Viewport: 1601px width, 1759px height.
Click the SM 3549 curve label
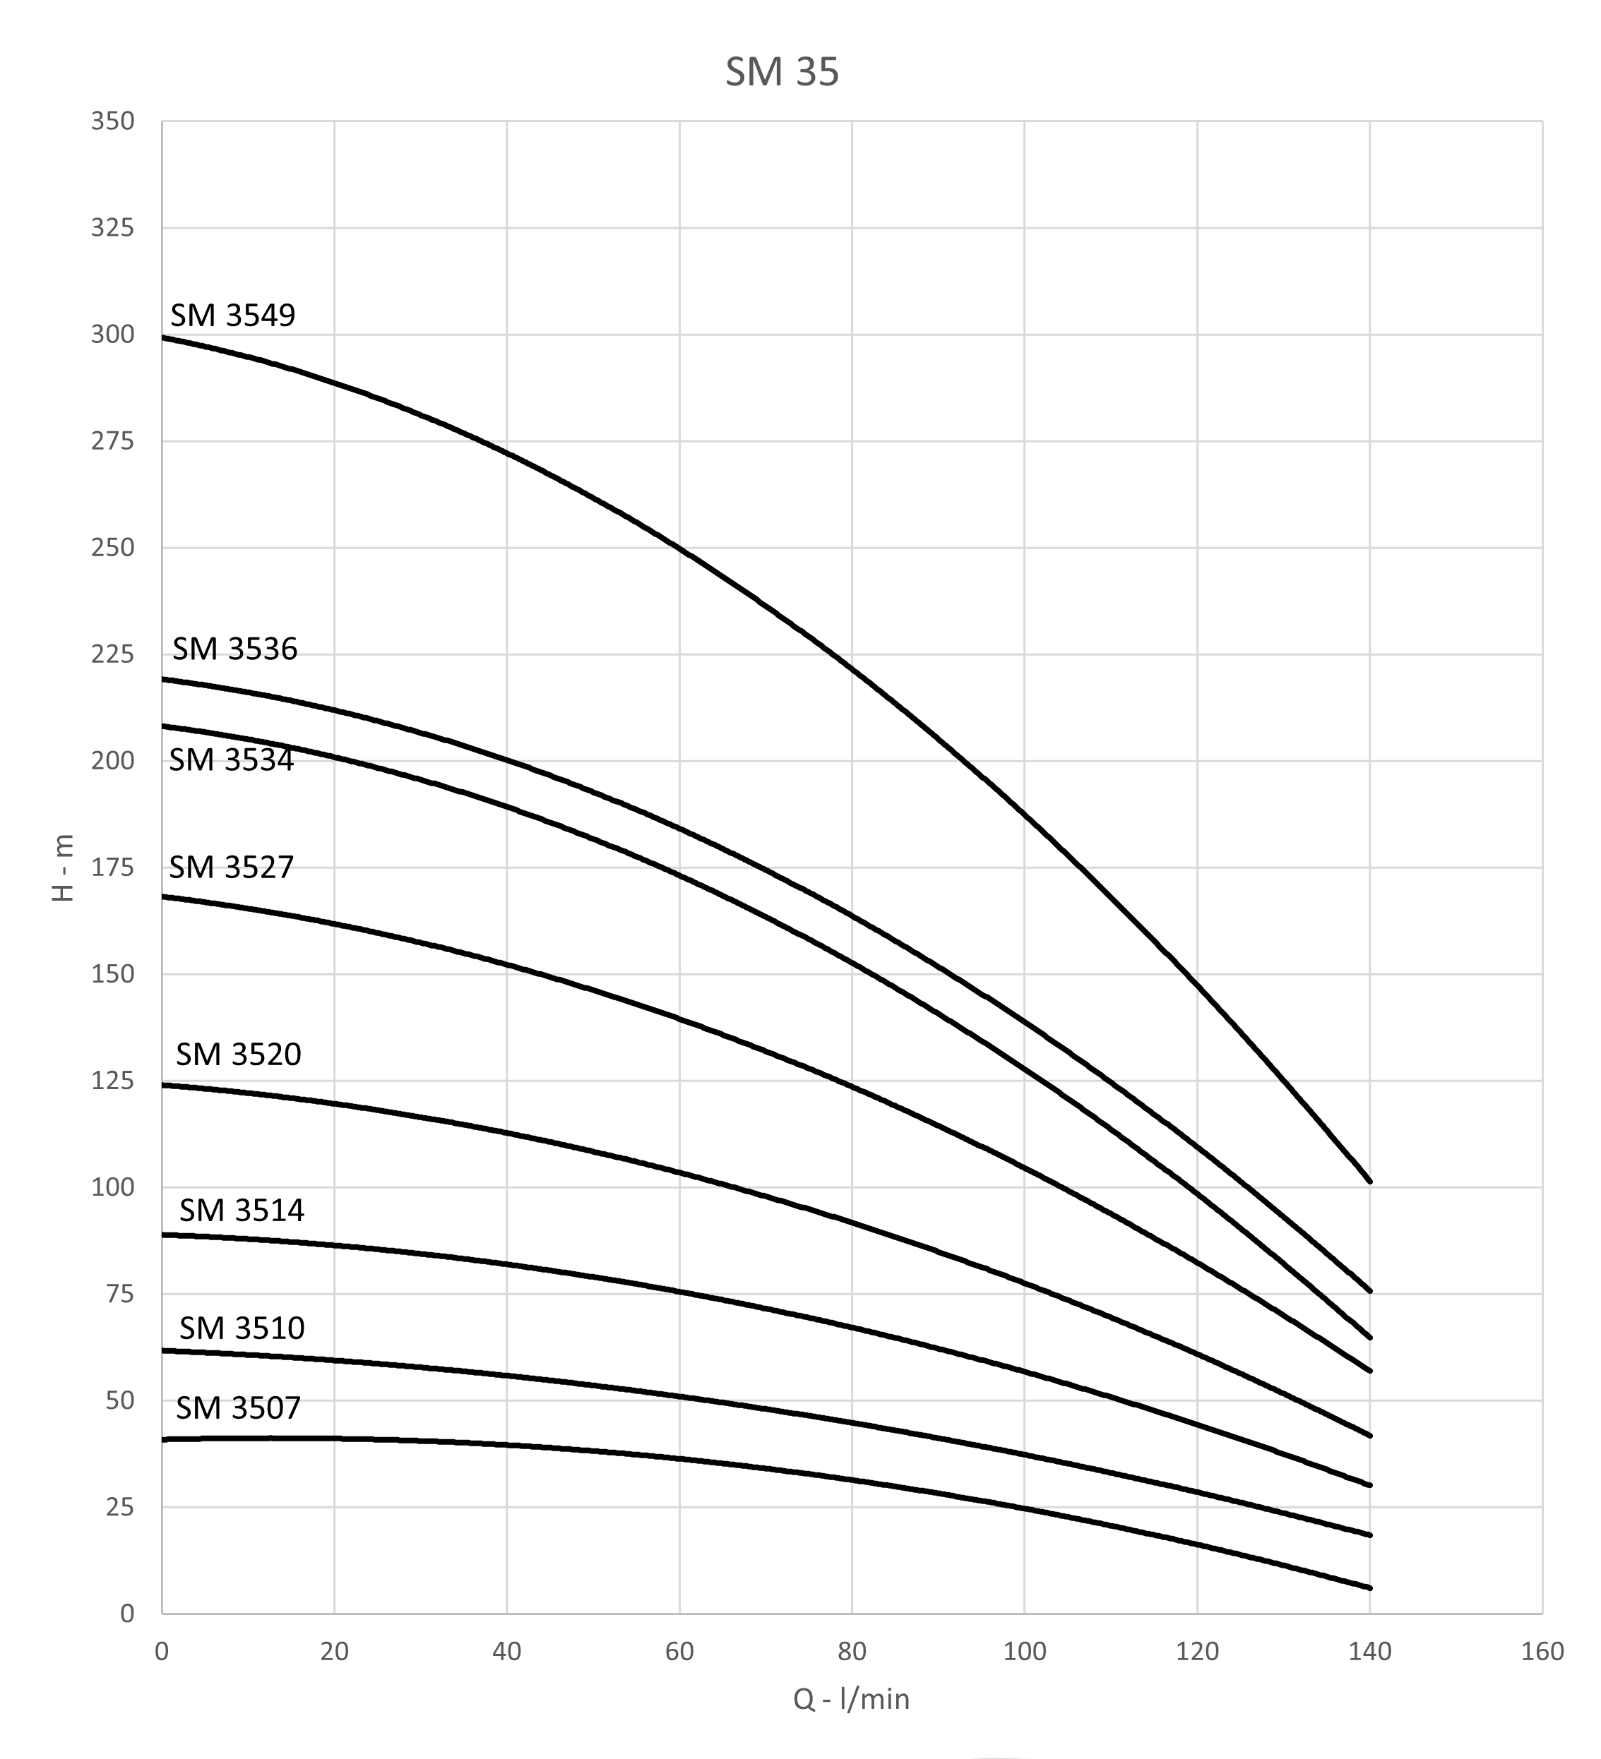point(233,315)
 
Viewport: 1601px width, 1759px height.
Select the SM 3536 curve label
point(235,649)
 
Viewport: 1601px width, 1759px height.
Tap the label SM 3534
point(232,760)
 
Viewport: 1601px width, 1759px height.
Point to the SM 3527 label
point(232,868)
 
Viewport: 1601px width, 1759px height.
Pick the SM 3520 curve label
point(238,1054)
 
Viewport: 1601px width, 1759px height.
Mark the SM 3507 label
point(238,1407)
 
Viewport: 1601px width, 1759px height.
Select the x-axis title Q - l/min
point(851,1699)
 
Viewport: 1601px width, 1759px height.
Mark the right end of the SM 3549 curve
point(1369,1182)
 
